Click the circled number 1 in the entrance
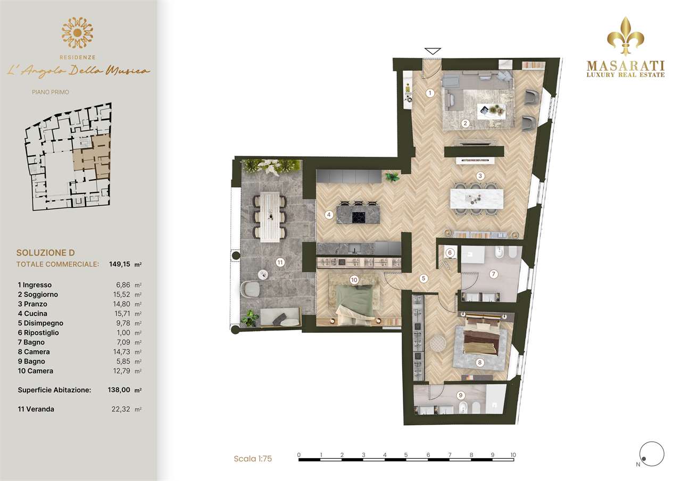pyautogui.click(x=430, y=93)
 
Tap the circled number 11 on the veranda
pyautogui.click(x=280, y=263)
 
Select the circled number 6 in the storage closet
pyautogui.click(x=450, y=252)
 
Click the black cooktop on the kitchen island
pyautogui.click(x=359, y=217)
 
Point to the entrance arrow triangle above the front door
pyautogui.click(x=433, y=51)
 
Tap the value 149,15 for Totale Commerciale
pyautogui.click(x=120, y=264)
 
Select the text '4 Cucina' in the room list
pyautogui.click(x=32, y=314)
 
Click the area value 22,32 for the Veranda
pyautogui.click(x=121, y=409)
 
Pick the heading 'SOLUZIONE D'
pyautogui.click(x=46, y=252)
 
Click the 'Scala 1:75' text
pyautogui.click(x=253, y=459)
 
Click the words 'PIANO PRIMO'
pyautogui.click(x=51, y=92)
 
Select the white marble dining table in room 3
pyautogui.click(x=476, y=199)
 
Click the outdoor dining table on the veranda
pyautogui.click(x=270, y=217)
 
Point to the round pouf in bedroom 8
pyautogui.click(x=438, y=343)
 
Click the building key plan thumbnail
pyautogui.click(x=68, y=157)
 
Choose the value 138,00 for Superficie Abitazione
pyautogui.click(x=119, y=390)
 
